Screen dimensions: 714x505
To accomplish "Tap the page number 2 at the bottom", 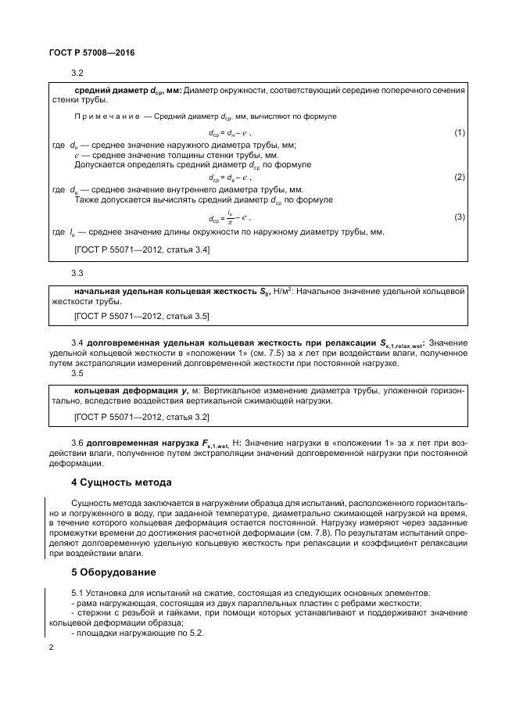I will pyautogui.click(x=51, y=648).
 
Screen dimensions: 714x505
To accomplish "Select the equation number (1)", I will pyautogui.click(x=460, y=133).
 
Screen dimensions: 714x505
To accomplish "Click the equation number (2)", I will pyautogui.click(x=460, y=177).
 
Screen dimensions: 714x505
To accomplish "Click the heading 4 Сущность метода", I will pyautogui.click(x=121, y=482).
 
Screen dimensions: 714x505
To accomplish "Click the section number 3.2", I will pyautogui.click(x=77, y=73).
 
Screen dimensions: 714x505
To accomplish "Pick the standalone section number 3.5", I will pyautogui.click(x=77, y=373).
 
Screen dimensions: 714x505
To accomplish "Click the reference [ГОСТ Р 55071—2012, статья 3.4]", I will pyautogui.click(x=141, y=249).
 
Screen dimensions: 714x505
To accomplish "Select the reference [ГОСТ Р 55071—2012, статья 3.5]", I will pyautogui.click(x=141, y=317).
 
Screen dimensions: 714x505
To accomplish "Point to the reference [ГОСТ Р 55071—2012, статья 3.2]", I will pyautogui.click(x=141, y=418).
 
